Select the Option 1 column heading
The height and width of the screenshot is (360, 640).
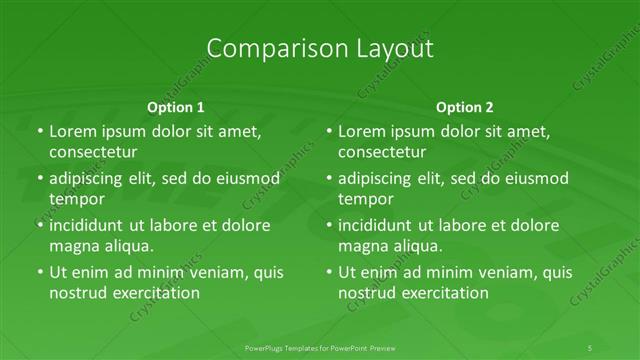(175, 106)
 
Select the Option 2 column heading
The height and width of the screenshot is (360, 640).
(465, 106)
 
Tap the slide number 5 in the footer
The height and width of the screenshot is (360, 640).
(591, 347)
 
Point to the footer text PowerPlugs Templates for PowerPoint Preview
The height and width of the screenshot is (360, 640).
(319, 347)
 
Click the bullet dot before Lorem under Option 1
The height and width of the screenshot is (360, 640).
(39, 131)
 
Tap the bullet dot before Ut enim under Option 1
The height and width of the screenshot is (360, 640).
(39, 272)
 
